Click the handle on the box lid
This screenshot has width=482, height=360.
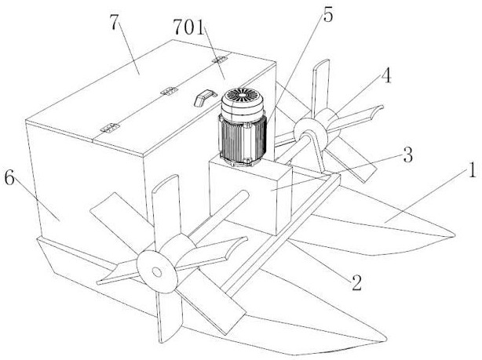[203, 96]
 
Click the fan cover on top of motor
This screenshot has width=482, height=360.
[243, 100]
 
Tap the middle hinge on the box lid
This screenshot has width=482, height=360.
[166, 92]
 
